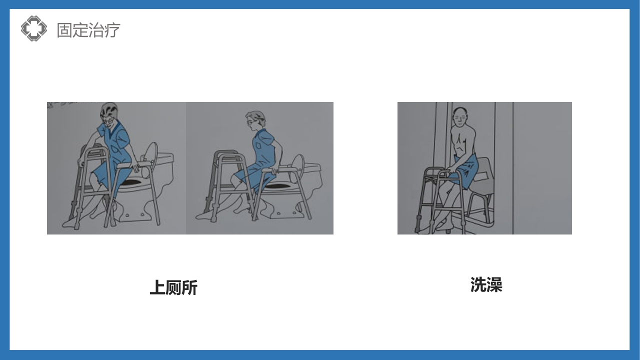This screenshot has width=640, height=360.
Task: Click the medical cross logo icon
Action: (x=33, y=28)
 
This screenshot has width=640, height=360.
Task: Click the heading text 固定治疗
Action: (x=88, y=29)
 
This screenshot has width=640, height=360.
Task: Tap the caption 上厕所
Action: (x=173, y=288)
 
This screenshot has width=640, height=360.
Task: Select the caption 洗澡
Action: (x=486, y=284)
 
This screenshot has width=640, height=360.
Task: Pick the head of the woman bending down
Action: (x=109, y=113)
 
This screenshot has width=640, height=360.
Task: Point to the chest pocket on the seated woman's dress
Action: (x=258, y=145)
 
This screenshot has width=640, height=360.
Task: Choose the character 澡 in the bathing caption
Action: (x=494, y=284)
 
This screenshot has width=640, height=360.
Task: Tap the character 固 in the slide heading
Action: (x=64, y=29)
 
